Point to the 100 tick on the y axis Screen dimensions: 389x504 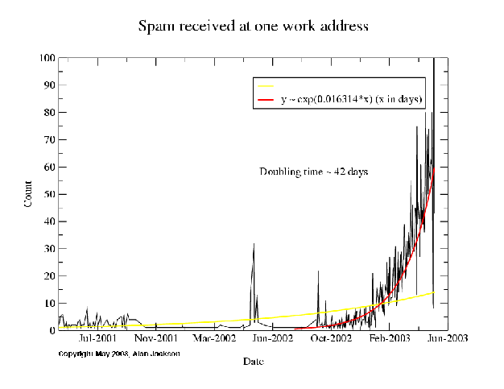pyautogui.click(x=47, y=58)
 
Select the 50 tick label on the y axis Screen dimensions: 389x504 pyautogui.click(x=49, y=194)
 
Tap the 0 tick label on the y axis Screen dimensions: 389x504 pyautogui.click(x=52, y=330)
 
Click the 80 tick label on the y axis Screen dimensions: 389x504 pyautogui.click(x=49, y=113)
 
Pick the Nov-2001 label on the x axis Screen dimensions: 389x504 pyautogui.click(x=156, y=340)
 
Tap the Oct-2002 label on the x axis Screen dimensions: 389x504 pyautogui.click(x=332, y=340)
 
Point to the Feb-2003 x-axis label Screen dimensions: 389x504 pyautogui.click(x=389, y=340)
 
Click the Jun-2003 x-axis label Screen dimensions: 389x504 pyautogui.click(x=445, y=340)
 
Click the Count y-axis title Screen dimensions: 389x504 pyautogui.click(x=28, y=194)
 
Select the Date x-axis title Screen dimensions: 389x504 pyautogui.click(x=253, y=362)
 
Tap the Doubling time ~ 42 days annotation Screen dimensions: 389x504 pyautogui.click(x=313, y=172)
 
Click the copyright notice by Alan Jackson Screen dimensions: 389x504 pyautogui.click(x=118, y=354)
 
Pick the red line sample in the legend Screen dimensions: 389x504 pyautogui.click(x=265, y=100)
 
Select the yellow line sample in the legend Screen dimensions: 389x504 pyautogui.click(x=265, y=85)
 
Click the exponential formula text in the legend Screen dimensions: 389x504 pyautogui.click(x=352, y=100)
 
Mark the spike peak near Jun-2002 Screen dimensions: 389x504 pyautogui.click(x=254, y=243)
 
